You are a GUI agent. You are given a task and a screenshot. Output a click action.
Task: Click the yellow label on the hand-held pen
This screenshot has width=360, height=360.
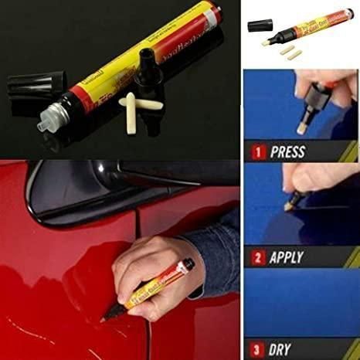coord(158,284)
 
